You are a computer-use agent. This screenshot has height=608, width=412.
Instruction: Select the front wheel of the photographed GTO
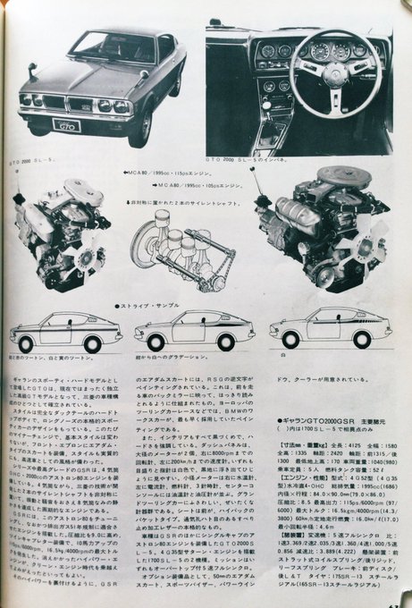point(136,127)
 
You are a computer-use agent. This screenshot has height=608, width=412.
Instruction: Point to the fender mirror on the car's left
point(31,70)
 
